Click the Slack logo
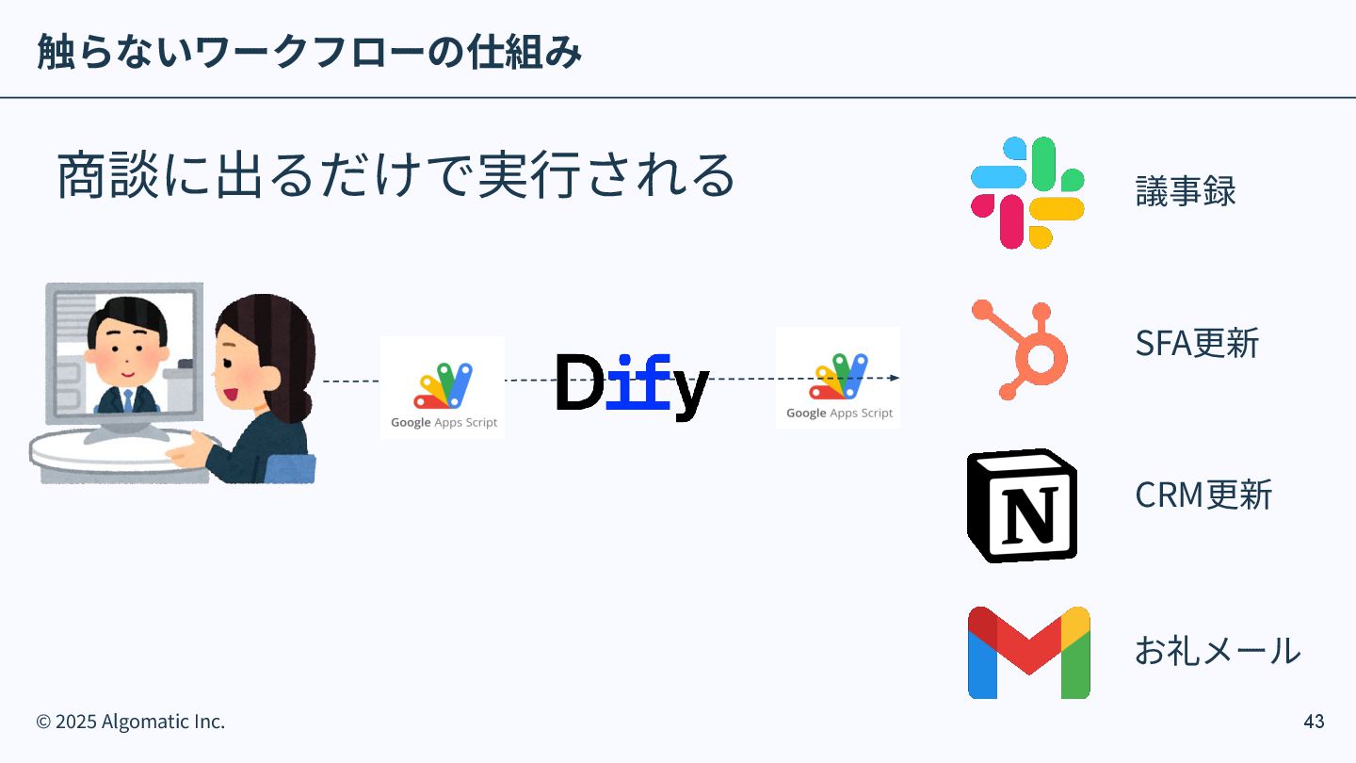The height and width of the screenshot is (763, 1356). (1027, 192)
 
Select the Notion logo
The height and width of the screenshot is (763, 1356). (1022, 506)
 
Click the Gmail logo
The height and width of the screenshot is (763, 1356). (1028, 652)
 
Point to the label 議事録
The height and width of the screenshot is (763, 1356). (1185, 192)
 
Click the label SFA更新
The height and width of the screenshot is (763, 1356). (1196, 344)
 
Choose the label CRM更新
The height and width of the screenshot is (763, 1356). (1203, 495)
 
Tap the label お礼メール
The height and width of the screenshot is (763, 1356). (1217, 650)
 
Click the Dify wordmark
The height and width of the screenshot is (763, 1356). (631, 382)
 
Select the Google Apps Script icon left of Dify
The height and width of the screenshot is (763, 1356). (443, 387)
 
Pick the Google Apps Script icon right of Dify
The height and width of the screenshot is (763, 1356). (838, 378)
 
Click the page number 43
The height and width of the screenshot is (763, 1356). (1314, 722)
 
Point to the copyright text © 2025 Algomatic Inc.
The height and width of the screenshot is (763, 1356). (131, 722)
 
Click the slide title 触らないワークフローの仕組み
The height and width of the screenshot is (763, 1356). (309, 52)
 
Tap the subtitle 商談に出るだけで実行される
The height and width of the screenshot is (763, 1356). (395, 176)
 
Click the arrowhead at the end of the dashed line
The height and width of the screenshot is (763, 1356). (894, 378)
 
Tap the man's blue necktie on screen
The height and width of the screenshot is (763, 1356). (127, 400)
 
